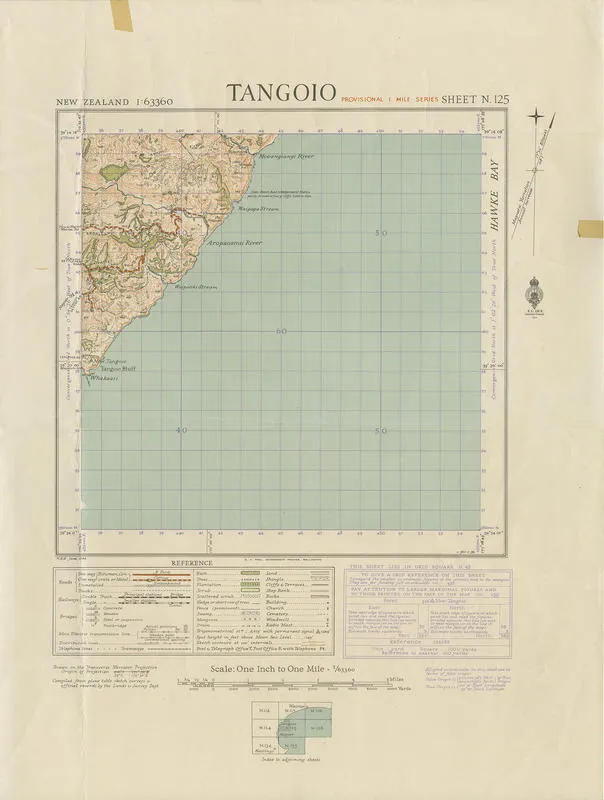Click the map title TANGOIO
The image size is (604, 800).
280,93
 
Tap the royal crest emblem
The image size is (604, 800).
539,295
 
